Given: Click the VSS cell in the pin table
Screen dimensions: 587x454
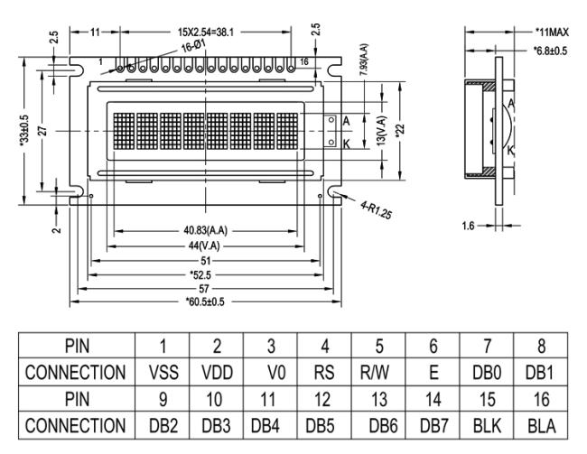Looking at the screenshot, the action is [x=163, y=373].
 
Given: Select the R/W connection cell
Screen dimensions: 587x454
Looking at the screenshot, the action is [x=375, y=373].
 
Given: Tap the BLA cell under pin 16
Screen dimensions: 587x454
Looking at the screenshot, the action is [x=541, y=426].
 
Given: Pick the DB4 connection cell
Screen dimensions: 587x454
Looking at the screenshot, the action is [x=265, y=426].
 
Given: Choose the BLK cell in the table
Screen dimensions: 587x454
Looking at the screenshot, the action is [x=487, y=426].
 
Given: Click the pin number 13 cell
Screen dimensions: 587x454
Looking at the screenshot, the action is [x=379, y=399].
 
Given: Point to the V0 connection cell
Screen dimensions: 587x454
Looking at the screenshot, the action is [x=276, y=373].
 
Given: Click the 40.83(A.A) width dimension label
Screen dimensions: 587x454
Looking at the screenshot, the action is [x=205, y=230].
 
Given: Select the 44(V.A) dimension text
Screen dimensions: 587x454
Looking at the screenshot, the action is [x=204, y=246].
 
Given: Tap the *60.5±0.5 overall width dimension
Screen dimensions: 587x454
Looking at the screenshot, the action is [x=205, y=301].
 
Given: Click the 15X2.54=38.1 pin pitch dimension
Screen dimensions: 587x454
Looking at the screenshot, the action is [x=205, y=32].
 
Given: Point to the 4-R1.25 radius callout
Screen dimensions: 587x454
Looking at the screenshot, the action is [x=376, y=209].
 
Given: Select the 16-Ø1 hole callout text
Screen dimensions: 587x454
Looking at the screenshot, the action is [x=193, y=46].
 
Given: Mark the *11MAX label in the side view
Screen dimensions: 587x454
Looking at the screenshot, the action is [x=552, y=32].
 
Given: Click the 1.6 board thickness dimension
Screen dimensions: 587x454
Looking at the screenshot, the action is [x=468, y=226].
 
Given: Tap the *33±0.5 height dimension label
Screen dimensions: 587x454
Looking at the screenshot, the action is [x=24, y=130].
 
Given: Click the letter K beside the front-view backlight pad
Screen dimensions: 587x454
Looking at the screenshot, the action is [x=347, y=144].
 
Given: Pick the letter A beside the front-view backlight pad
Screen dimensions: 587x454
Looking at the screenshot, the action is [x=346, y=121].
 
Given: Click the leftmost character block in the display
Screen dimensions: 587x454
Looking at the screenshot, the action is [x=124, y=131].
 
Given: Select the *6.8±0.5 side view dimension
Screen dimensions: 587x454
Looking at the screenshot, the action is [x=550, y=51].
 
